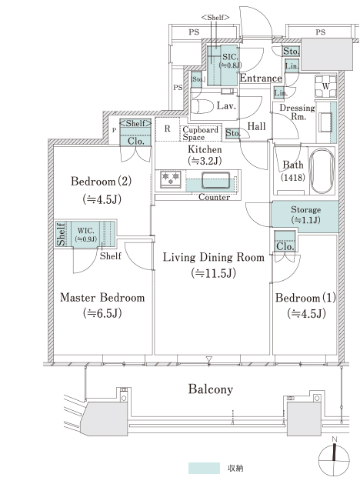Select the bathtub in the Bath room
point(322,171)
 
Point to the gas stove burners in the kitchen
point(171,179)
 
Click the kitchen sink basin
point(215,180)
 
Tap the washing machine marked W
point(325,86)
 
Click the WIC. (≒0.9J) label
point(86,235)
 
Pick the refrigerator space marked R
point(168,129)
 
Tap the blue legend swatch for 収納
point(204,468)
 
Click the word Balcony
point(211,389)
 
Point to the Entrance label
point(261,78)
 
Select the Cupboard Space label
point(200,133)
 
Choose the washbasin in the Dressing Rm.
point(325,122)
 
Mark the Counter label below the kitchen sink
point(214,197)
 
